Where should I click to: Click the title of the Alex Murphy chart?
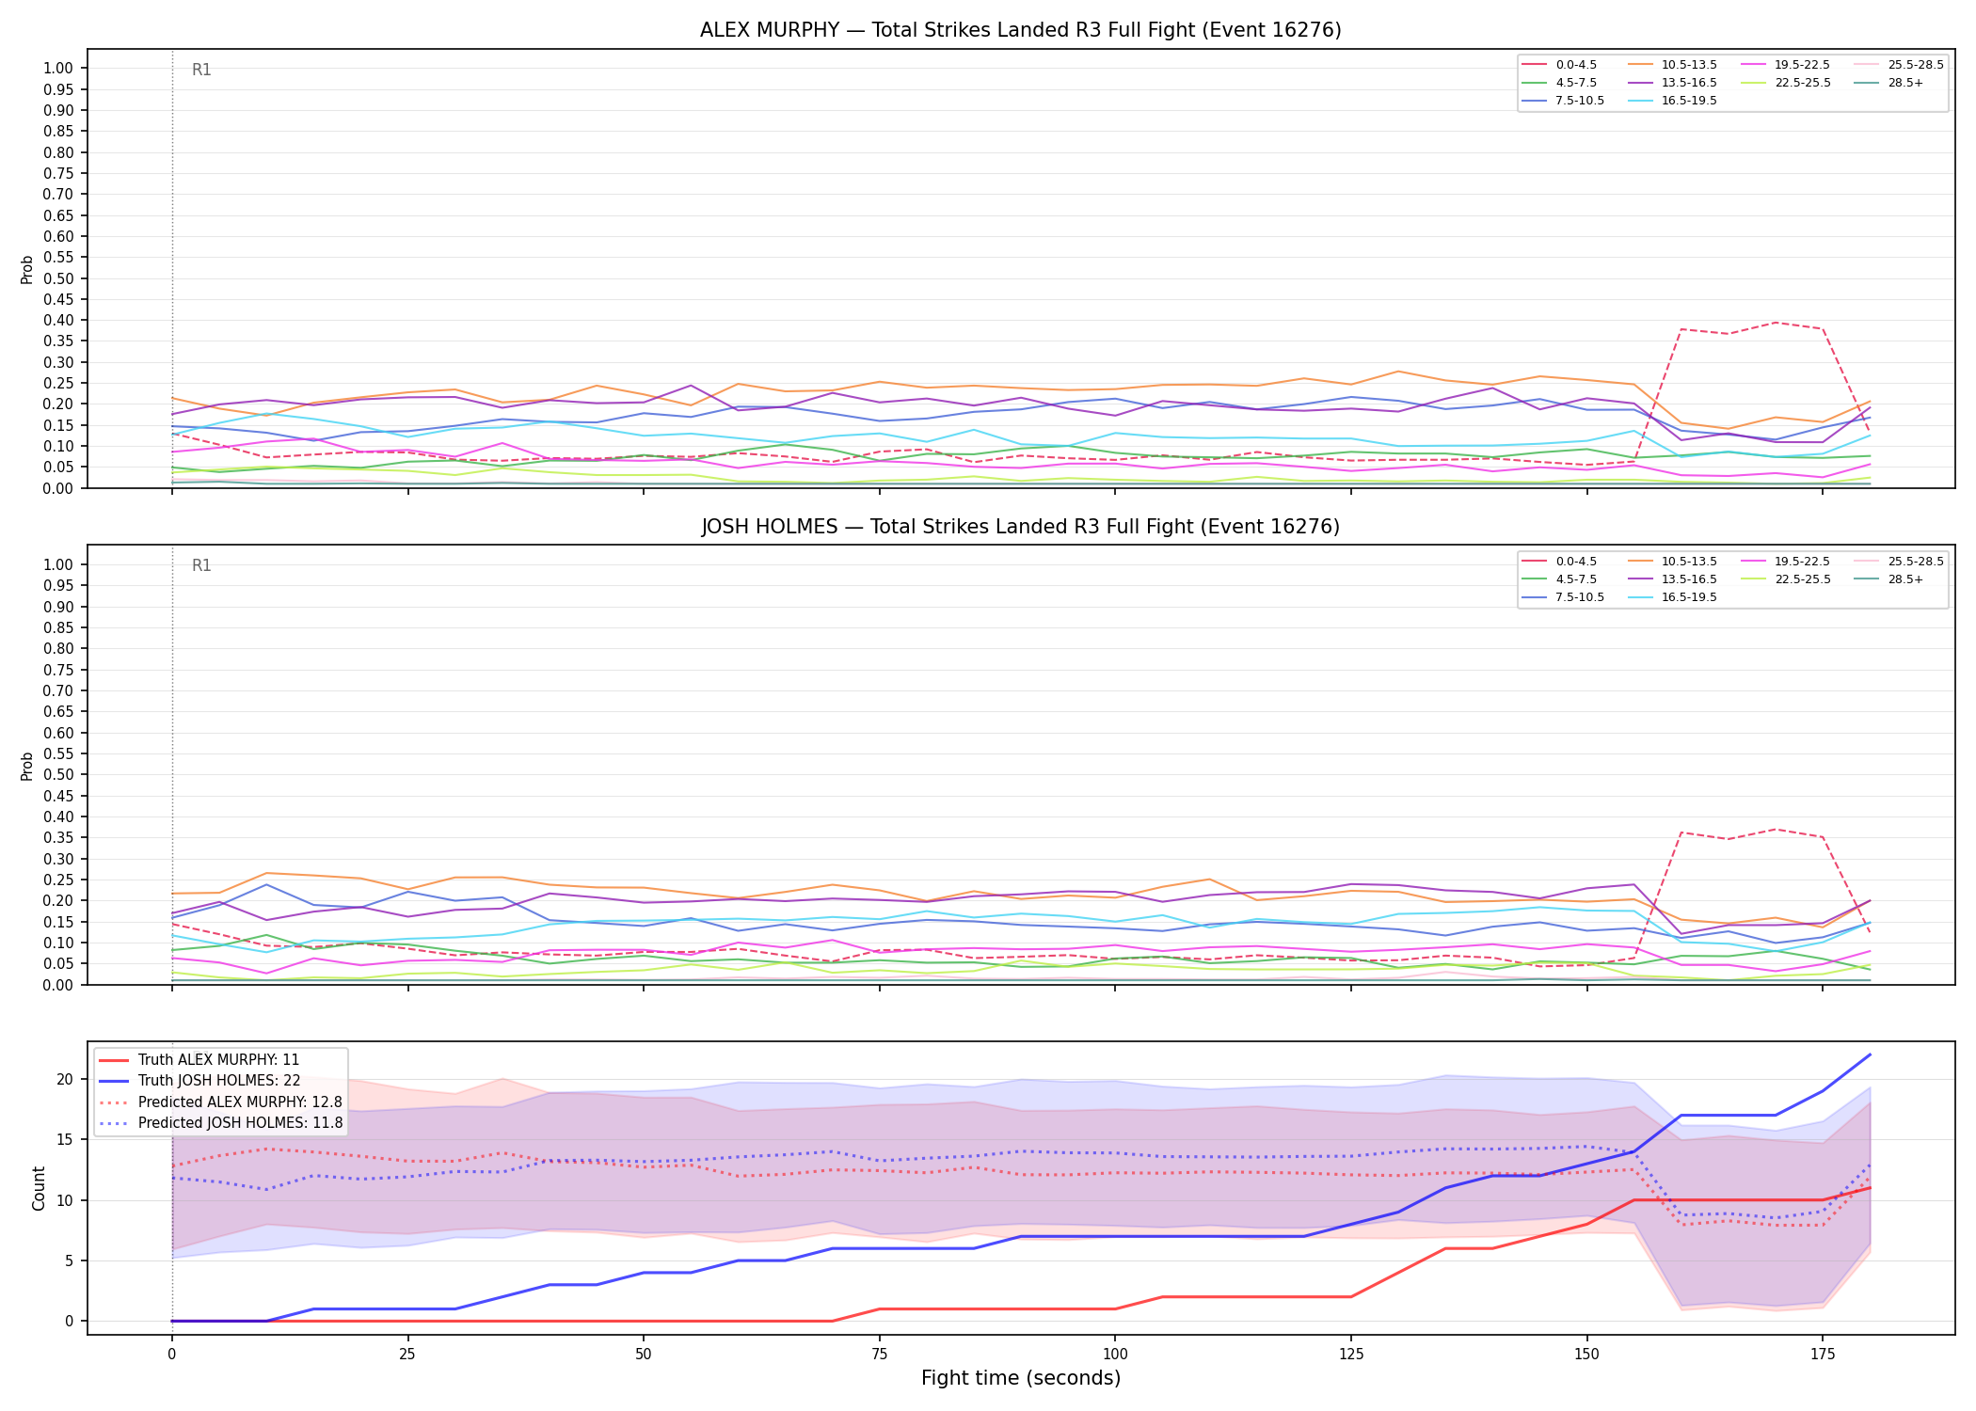click(x=1020, y=30)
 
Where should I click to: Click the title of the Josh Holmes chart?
click(x=1020, y=527)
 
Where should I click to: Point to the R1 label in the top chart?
click(x=201, y=70)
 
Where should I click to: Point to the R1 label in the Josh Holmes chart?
click(x=201, y=565)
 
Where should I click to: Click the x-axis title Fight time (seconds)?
click(x=1021, y=1378)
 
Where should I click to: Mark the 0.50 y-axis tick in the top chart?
click(x=58, y=278)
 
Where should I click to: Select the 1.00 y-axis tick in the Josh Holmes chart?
click(x=58, y=564)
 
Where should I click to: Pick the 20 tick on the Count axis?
click(x=65, y=1079)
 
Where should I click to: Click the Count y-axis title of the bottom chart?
click(x=39, y=1188)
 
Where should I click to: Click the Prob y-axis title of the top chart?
click(x=27, y=269)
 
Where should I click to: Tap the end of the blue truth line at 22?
click(x=1870, y=1054)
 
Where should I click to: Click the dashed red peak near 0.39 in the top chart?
click(x=1776, y=323)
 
